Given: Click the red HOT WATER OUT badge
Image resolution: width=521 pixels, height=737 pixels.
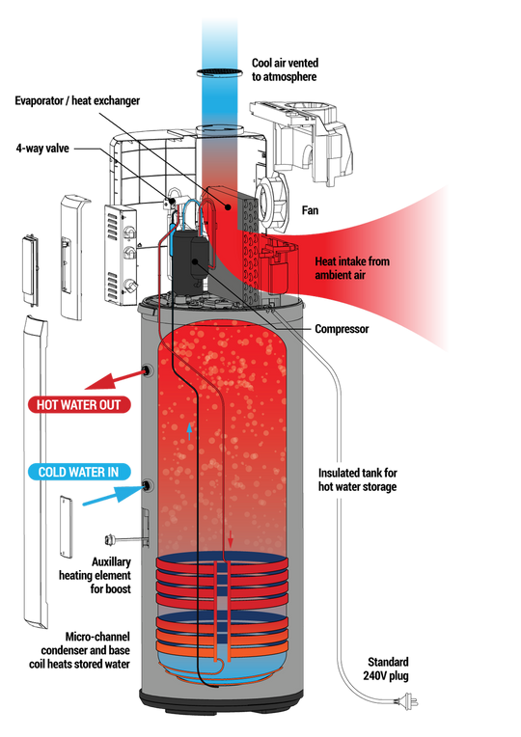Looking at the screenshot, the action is coord(79,405).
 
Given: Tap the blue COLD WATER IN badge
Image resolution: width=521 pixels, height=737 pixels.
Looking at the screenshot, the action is coord(78,472).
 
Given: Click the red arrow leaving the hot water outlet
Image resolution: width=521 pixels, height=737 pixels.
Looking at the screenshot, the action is coord(115,380).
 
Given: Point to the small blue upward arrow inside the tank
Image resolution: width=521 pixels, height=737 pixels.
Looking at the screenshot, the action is coord(189,431).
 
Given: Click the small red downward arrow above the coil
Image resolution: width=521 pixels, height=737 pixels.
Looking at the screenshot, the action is coord(230,539).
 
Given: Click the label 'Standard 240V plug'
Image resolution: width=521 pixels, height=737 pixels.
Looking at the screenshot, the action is coord(386,669).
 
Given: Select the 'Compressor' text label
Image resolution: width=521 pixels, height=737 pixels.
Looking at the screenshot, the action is coord(342,329).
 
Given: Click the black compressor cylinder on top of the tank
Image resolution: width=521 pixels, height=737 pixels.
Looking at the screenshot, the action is coord(188,259).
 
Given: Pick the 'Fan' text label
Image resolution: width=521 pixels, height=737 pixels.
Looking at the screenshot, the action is coord(310,210).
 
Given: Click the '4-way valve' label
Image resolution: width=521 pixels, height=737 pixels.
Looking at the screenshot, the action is coord(42,149).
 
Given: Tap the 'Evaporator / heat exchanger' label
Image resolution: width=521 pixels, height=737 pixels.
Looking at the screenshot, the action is coord(77,100).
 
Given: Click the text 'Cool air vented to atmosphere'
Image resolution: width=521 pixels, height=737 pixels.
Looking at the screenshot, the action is coord(285,69).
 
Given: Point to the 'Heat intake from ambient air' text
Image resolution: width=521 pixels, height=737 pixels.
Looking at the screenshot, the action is coord(352,268).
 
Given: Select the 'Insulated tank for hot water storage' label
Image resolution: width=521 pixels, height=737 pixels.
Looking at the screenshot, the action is coord(357,479).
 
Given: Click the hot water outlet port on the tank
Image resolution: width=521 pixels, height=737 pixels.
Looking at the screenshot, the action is coord(148,370).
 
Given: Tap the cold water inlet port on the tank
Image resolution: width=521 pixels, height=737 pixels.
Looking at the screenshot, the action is coord(148,485).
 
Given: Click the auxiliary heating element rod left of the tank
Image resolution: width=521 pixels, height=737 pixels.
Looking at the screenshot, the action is coord(123,540).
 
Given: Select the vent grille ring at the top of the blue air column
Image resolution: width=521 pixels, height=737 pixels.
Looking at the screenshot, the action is coord(220,72).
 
